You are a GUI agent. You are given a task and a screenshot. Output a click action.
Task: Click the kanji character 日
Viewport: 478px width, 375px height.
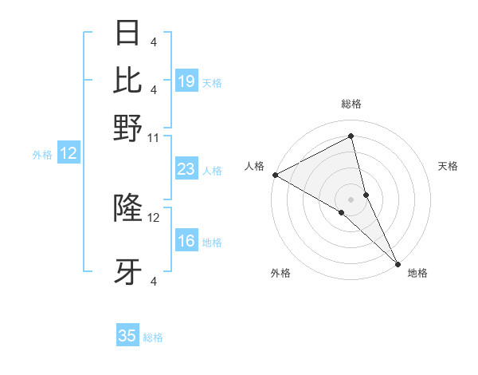[128, 33]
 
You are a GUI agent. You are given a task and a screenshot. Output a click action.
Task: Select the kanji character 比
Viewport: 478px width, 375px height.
[128, 80]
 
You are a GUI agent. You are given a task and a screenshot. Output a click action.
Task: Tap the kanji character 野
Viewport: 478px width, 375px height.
[128, 128]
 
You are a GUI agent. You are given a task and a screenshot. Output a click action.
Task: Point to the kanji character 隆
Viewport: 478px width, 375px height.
[128, 207]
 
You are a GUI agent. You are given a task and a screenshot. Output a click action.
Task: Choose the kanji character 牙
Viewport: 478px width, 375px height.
[128, 273]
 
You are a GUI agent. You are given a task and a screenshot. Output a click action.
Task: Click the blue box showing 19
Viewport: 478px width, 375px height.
[186, 81]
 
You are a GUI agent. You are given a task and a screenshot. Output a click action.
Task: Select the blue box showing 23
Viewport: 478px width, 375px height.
[186, 169]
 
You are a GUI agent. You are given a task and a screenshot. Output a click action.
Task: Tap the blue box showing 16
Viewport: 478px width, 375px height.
[186, 241]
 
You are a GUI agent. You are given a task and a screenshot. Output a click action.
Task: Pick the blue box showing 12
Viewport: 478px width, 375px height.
[69, 154]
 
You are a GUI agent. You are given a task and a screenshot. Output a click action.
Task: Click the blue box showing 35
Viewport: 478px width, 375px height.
[127, 336]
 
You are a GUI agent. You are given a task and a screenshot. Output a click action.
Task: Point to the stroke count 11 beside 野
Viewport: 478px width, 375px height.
[154, 137]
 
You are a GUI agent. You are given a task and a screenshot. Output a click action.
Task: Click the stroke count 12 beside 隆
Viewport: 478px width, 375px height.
[154, 217]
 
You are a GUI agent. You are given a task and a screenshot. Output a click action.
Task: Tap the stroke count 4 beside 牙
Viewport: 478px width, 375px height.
[154, 281]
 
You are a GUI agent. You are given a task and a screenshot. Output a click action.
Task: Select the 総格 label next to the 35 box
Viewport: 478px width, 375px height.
[153, 337]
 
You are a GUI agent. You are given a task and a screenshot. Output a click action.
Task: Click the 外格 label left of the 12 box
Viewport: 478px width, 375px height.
[42, 155]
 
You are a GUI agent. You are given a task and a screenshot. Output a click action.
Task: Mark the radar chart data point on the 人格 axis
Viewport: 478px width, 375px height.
[275, 175]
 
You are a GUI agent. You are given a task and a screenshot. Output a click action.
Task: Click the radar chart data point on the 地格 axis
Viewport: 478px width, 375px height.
[397, 262]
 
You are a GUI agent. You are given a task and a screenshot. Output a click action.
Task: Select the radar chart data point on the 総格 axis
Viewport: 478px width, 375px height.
[351, 136]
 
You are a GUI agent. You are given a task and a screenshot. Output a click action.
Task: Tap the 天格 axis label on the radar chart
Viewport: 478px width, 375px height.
[448, 166]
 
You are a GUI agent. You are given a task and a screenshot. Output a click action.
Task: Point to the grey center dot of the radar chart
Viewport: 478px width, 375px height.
[351, 199]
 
